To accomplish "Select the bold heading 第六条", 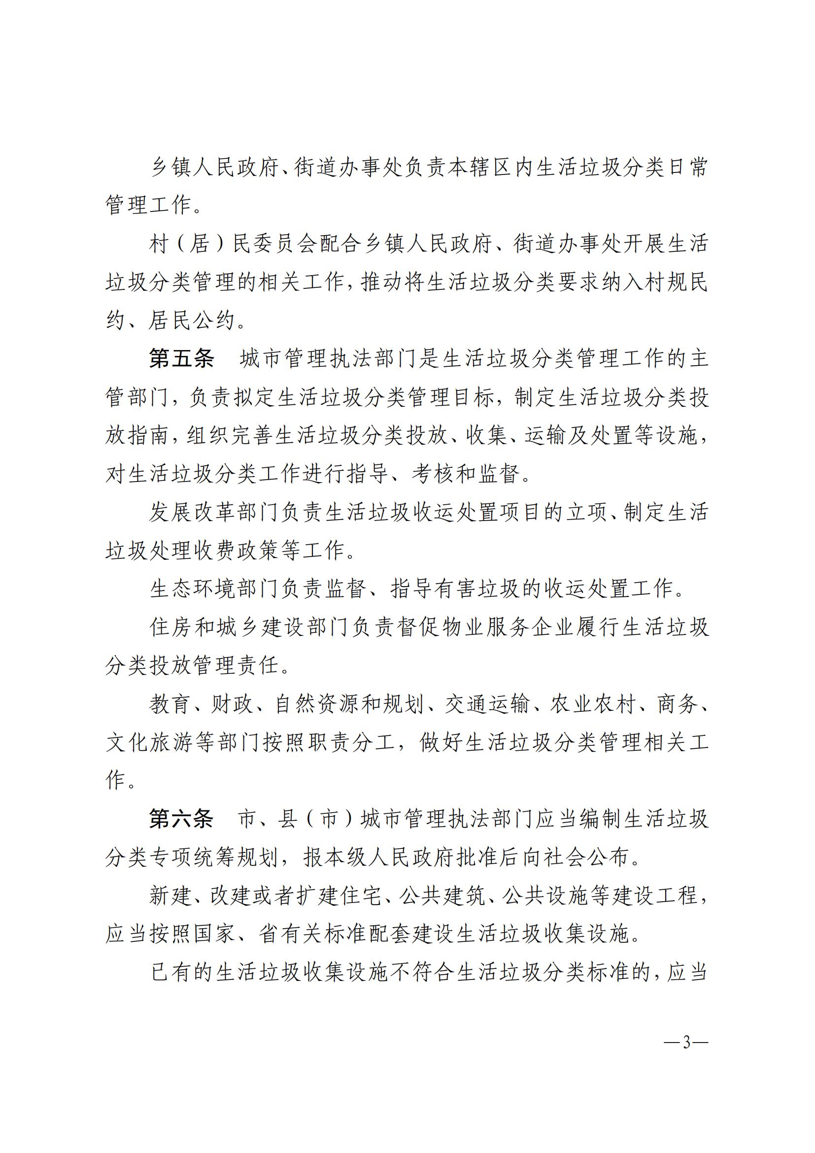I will tap(181, 819).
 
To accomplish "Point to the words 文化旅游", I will tap(149, 743).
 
